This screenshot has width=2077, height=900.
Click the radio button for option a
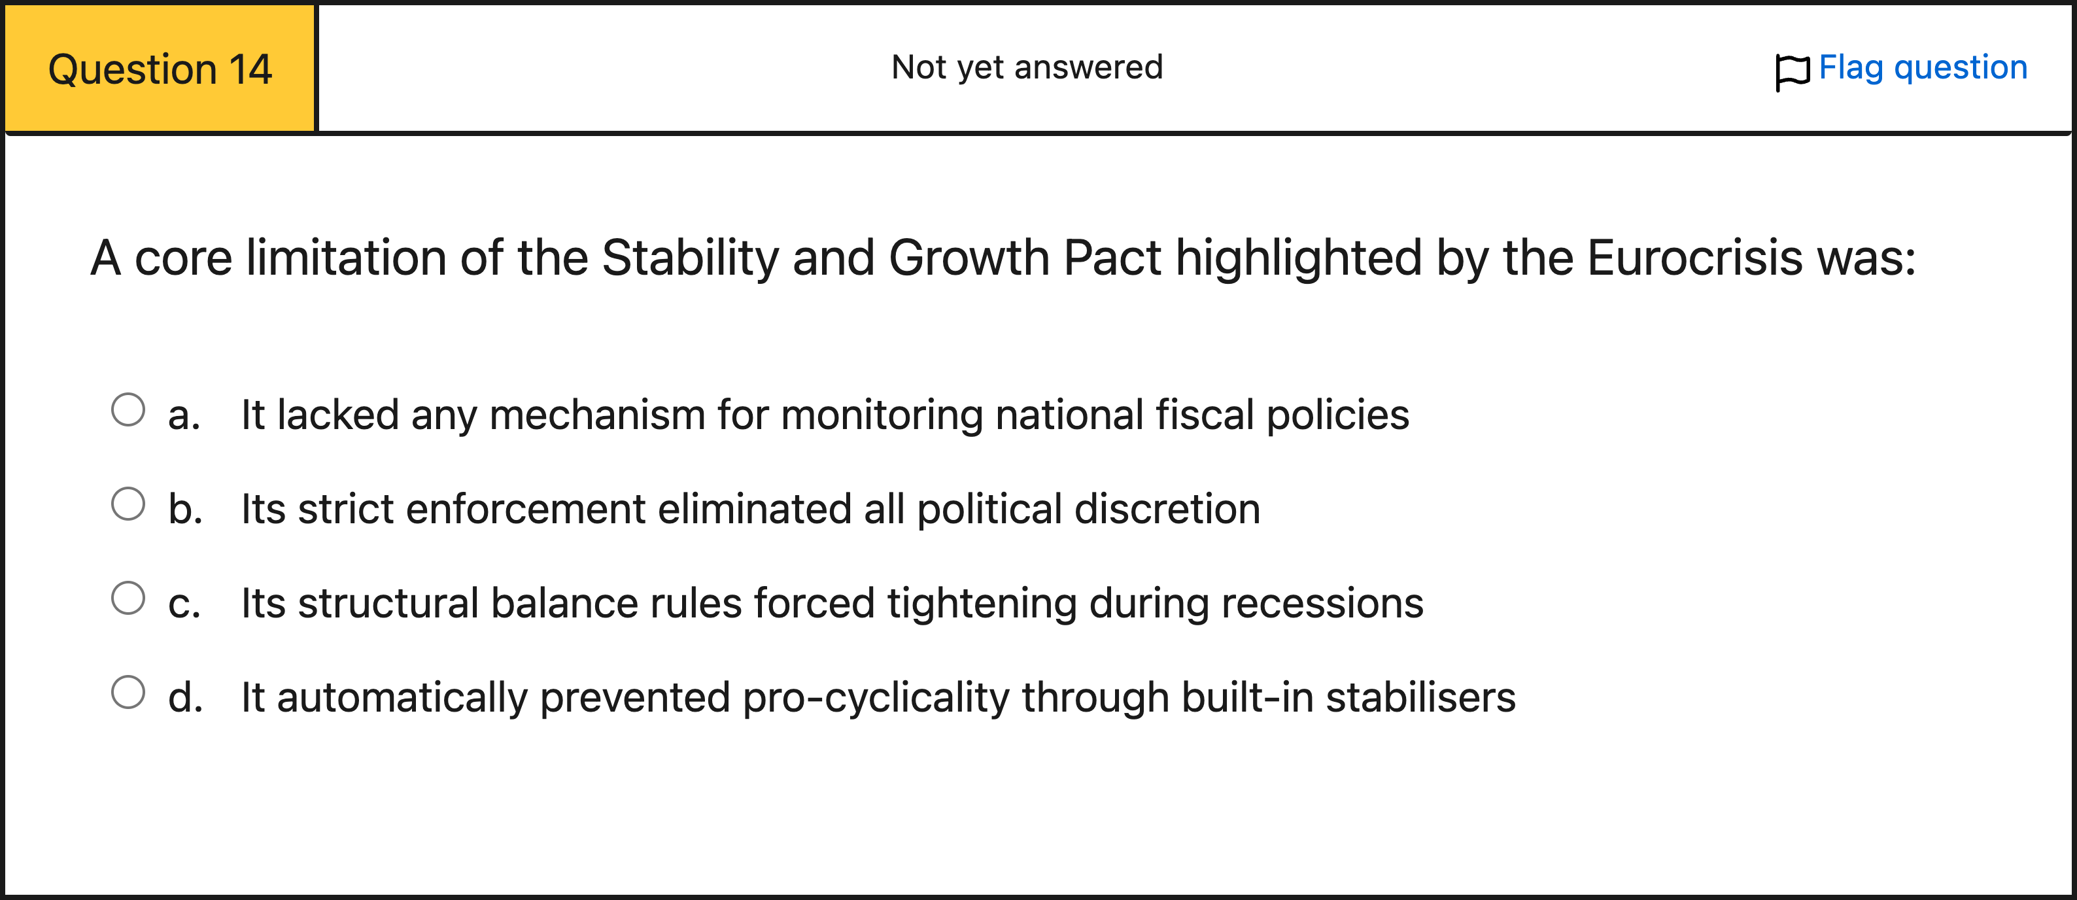point(128,409)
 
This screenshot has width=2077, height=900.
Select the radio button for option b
point(128,504)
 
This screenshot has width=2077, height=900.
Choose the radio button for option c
point(128,598)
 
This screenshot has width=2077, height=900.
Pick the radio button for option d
point(128,692)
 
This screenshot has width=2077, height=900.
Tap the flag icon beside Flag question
point(1793,72)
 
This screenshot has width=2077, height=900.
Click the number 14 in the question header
point(250,69)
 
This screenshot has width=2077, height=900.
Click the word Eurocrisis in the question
point(1695,258)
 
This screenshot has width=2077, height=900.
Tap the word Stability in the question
point(690,259)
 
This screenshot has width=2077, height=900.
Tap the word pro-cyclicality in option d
point(876,699)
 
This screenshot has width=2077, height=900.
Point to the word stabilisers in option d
point(1420,698)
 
